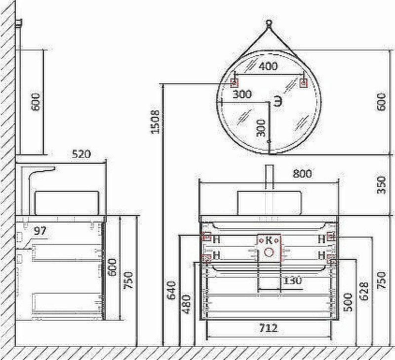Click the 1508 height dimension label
(155, 121)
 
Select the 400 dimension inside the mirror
(268, 66)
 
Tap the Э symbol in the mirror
(279, 102)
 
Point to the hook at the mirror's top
(269, 23)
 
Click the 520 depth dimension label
(81, 154)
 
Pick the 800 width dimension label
(302, 174)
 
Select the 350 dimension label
(381, 185)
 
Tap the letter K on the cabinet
(269, 241)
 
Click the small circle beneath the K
(269, 252)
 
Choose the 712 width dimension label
(268, 327)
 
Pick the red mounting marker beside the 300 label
(235, 83)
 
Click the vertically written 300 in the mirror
(261, 128)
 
